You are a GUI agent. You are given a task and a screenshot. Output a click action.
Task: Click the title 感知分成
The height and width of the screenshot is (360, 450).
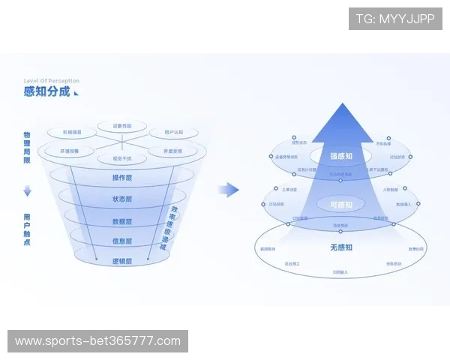tap(46, 91)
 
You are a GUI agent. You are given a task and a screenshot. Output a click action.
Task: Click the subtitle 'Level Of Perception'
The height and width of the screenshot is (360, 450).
tap(51, 81)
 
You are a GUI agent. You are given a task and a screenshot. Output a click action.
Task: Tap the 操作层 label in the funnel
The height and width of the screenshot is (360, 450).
tap(121, 178)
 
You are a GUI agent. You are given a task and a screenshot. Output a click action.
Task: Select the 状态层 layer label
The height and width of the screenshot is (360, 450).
tap(121, 199)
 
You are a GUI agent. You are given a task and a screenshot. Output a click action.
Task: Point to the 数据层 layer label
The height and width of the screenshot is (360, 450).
tap(121, 221)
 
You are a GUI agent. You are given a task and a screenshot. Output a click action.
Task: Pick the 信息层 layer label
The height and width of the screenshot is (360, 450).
tap(121, 241)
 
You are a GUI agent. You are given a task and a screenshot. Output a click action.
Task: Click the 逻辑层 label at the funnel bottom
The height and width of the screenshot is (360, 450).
tap(121, 261)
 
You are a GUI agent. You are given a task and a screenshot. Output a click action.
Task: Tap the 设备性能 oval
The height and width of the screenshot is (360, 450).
tap(121, 126)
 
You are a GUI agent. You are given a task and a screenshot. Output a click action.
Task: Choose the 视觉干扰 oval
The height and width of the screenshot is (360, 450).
tap(121, 158)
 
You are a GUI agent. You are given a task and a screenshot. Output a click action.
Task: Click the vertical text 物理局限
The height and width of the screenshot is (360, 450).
tap(27, 147)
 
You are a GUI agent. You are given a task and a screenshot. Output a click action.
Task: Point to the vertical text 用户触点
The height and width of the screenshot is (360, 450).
tap(27, 229)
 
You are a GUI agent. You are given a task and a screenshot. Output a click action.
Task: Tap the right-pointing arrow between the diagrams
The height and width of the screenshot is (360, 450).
tap(229, 190)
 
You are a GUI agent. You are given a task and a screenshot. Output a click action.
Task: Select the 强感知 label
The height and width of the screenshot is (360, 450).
tap(340, 156)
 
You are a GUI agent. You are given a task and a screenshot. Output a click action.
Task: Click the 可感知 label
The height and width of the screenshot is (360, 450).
tap(340, 203)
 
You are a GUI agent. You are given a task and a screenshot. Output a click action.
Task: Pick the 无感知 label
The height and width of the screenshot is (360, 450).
tap(340, 247)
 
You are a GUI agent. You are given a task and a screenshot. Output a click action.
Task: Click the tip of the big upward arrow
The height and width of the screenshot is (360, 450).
tap(341, 105)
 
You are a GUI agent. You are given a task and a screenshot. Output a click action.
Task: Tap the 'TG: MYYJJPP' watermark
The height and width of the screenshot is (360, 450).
tap(395, 18)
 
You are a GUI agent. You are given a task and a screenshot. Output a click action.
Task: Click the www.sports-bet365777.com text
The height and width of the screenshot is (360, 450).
tap(98, 341)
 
